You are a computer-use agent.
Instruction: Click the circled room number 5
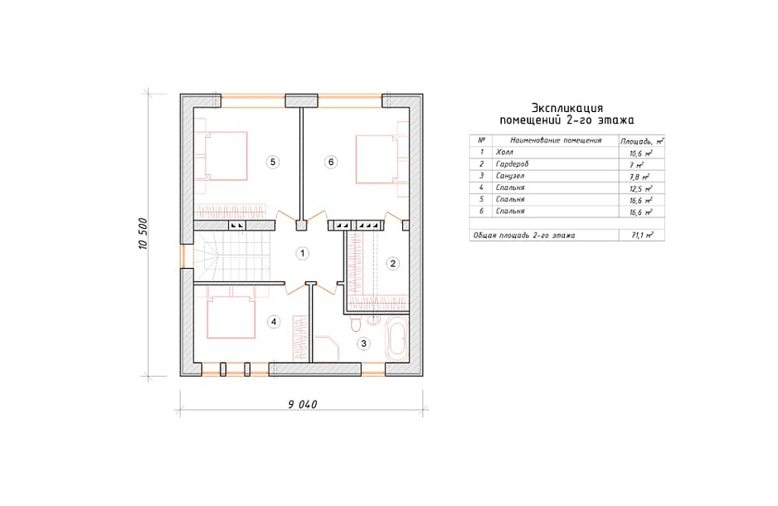(272, 162)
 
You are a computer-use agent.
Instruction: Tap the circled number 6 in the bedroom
(331, 162)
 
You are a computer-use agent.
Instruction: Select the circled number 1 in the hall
(302, 254)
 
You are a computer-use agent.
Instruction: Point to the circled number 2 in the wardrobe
(392, 263)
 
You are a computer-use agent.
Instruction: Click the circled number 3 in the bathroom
(363, 343)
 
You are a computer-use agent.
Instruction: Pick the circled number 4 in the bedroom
(274, 322)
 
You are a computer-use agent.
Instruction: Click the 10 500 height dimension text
(143, 234)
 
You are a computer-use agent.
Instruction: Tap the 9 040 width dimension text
(302, 404)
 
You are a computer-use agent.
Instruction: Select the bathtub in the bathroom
(396, 338)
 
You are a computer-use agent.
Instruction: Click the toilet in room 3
(355, 324)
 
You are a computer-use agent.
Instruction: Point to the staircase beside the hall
(233, 257)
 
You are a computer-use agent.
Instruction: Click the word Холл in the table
(504, 153)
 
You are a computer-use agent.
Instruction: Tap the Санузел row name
(509, 176)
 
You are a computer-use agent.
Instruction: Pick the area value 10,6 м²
(640, 153)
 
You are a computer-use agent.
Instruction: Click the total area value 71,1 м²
(642, 235)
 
